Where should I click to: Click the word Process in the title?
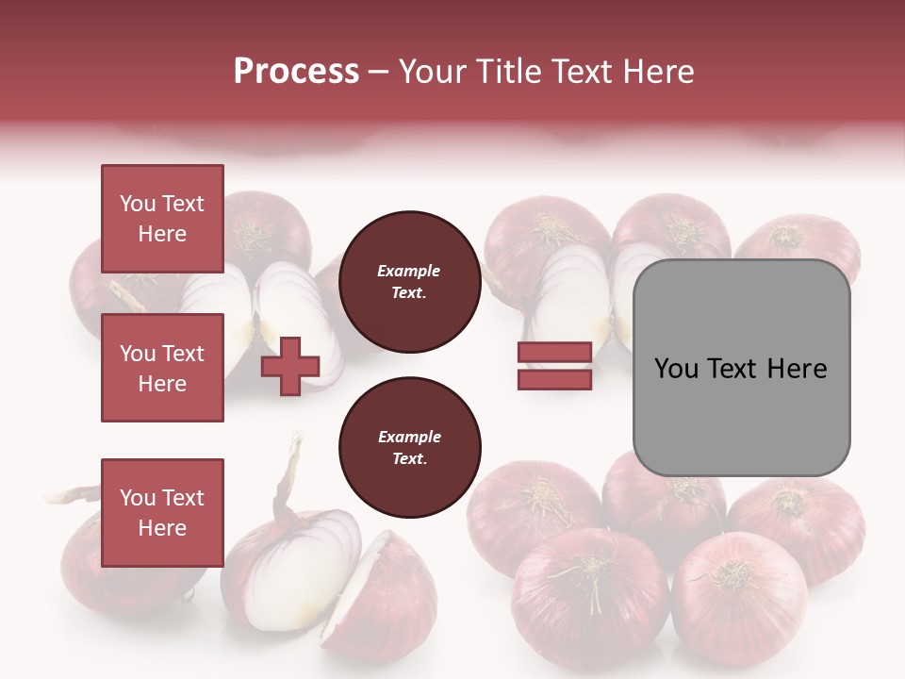[296, 72]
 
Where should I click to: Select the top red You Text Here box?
[162, 219]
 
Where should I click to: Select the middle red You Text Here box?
[162, 368]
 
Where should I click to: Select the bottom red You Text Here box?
[162, 512]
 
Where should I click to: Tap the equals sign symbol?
[554, 366]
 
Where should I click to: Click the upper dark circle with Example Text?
[409, 282]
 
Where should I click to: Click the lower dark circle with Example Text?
[409, 448]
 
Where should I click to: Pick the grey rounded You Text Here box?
[741, 368]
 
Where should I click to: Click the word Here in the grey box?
[797, 369]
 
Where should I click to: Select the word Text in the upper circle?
[409, 292]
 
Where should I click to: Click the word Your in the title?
[435, 72]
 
